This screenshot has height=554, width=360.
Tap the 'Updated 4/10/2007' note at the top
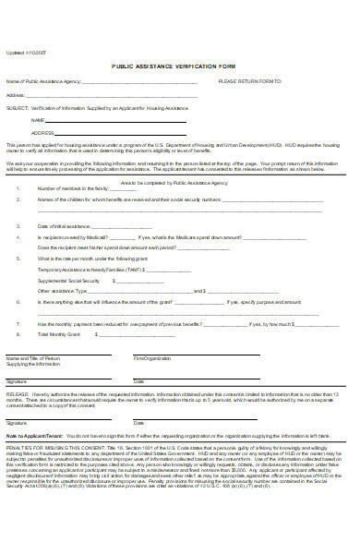[25, 52]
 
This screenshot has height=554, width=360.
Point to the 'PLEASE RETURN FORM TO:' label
[249, 81]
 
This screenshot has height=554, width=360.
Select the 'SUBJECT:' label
[16, 107]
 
